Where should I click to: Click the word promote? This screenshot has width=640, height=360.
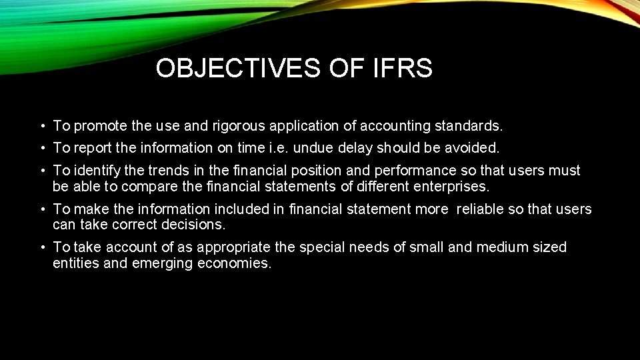[100, 125]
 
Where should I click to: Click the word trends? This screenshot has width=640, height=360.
[189, 171]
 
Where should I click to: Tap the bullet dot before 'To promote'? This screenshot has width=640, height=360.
[43, 126]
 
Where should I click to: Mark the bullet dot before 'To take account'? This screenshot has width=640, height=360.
[43, 248]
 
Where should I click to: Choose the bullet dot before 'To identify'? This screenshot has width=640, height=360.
[43, 171]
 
